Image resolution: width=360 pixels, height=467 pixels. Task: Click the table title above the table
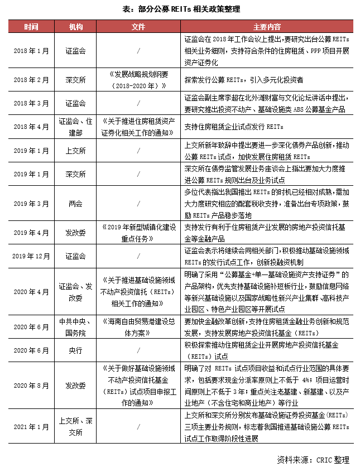[x=180, y=9]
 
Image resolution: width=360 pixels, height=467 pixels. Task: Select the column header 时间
[x=32, y=27]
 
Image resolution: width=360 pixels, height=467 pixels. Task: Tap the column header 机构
[x=75, y=27]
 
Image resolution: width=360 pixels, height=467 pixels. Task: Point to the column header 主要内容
[x=266, y=27]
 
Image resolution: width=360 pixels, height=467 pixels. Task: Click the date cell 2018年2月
[x=32, y=80]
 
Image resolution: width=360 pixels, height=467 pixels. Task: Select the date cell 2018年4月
[x=32, y=127]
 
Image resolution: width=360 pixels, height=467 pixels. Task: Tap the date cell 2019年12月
[x=32, y=256]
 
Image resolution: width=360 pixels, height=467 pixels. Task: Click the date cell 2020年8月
[x=32, y=385]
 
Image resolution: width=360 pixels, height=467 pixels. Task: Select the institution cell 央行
[x=75, y=351]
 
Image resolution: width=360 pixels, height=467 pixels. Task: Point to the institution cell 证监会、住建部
[x=75, y=127]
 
